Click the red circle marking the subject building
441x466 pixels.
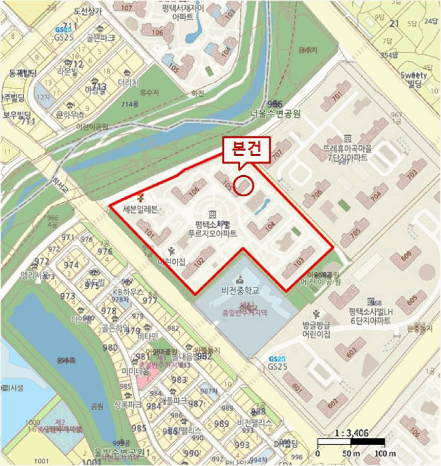click(243, 185)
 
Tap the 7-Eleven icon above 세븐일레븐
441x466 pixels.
click(140, 198)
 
